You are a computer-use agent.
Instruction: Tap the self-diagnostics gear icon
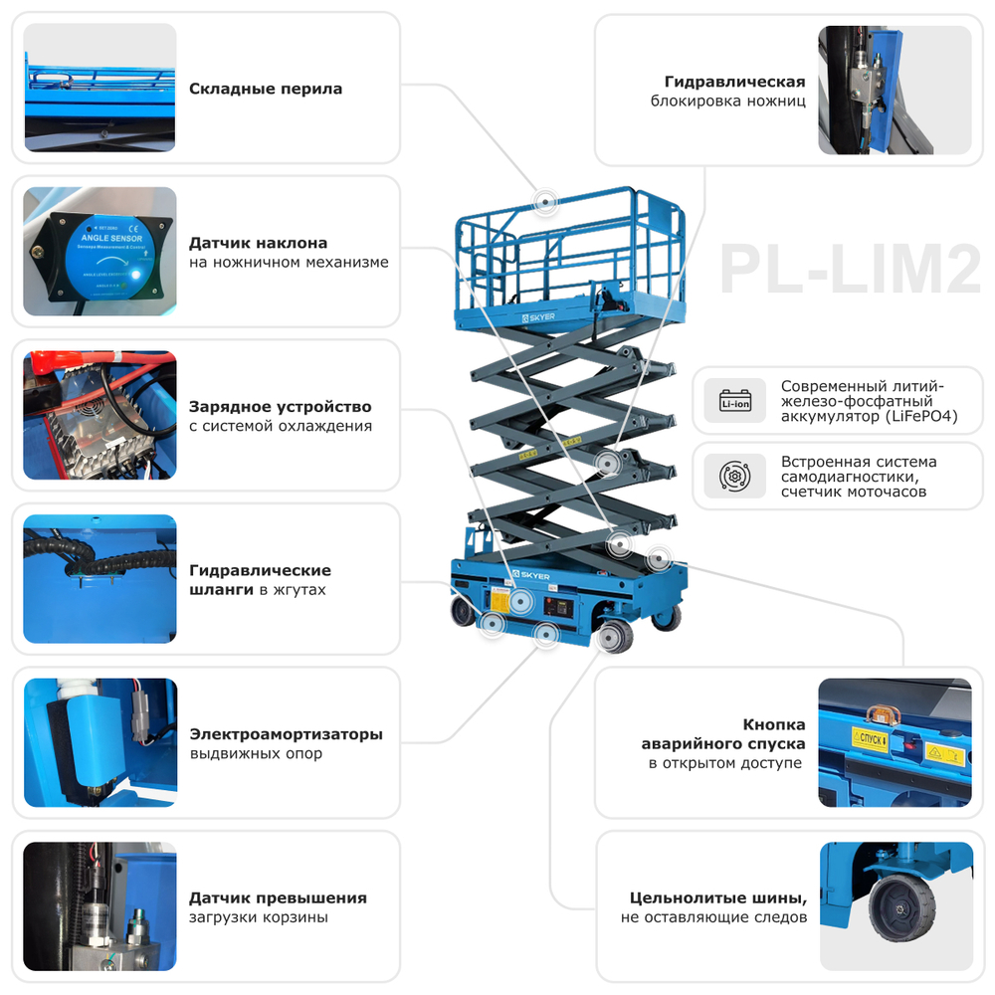(735, 475)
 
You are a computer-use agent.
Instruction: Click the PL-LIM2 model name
(850, 269)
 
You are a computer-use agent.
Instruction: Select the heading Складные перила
(266, 89)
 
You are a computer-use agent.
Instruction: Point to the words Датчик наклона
(258, 243)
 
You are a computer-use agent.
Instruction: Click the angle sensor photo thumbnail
(99, 252)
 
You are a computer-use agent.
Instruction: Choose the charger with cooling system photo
(99, 415)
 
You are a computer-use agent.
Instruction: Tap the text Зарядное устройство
(280, 407)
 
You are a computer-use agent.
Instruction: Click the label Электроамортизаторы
(286, 734)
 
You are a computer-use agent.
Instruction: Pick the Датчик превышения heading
(278, 897)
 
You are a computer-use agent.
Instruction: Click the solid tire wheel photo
(895, 905)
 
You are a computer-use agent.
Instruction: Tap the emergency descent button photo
(895, 742)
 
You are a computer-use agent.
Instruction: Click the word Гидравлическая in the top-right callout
(734, 82)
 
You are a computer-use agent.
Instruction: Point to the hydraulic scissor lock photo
(895, 90)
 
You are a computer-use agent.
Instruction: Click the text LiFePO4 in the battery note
(921, 417)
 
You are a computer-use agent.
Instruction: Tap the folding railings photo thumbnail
(99, 88)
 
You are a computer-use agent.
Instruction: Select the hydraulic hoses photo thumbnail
(99, 579)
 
